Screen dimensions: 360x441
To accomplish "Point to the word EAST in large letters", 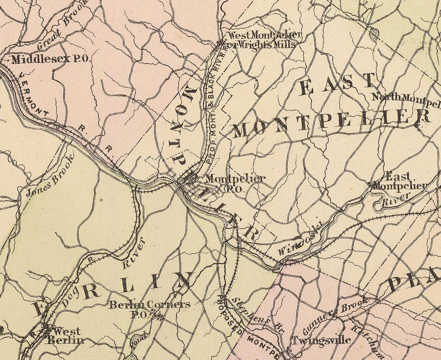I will tap(337, 84).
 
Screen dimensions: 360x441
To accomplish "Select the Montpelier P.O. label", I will tap(235, 182).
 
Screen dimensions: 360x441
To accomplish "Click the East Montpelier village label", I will tap(398, 181).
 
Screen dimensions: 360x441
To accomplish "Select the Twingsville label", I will tap(321, 340).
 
